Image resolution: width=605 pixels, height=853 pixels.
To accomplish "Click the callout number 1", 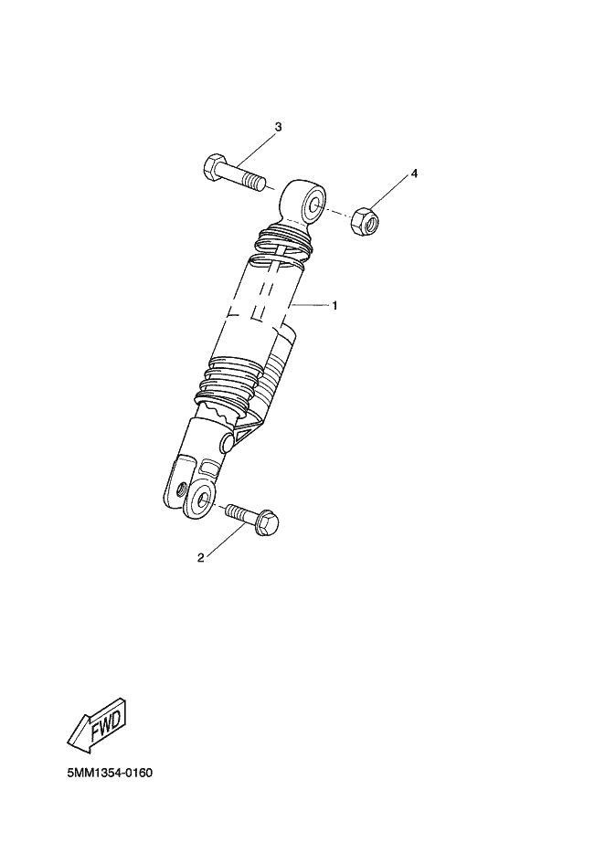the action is click(334, 306).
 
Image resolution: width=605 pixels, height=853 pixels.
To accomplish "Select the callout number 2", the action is click(200, 558).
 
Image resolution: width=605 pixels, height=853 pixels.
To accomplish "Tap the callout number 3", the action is click(278, 127).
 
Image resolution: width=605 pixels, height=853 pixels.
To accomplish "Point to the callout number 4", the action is click(414, 174).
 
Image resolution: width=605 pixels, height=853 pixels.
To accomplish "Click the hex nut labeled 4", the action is click(365, 221).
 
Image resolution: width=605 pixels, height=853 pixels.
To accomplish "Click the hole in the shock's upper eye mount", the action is click(313, 205).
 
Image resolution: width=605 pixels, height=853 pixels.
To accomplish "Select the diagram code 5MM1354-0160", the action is click(110, 773).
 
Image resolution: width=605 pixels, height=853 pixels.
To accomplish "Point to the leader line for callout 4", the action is click(389, 195).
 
